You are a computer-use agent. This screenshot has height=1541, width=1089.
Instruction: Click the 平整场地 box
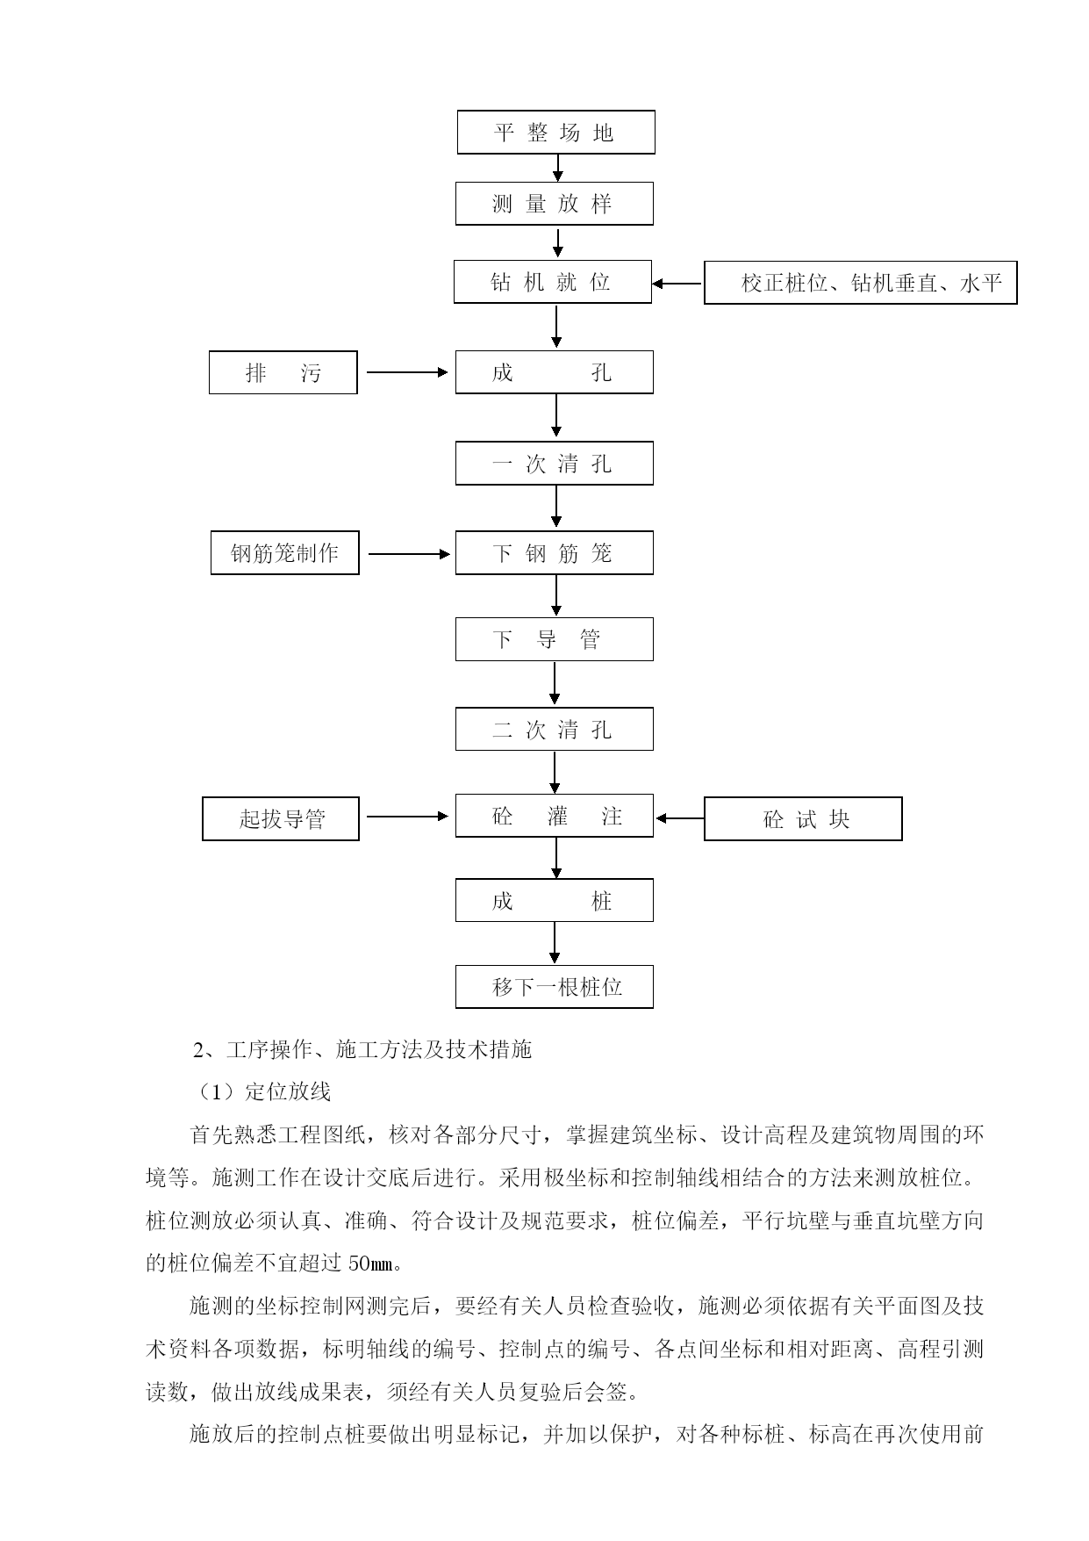tap(555, 132)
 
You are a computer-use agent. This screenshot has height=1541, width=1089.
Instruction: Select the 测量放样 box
tap(555, 204)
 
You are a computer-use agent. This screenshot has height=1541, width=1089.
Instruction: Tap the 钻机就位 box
tap(553, 282)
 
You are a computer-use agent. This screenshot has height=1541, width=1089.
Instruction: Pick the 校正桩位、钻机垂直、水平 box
tap(861, 283)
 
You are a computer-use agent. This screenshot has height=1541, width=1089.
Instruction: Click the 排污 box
tap(283, 372)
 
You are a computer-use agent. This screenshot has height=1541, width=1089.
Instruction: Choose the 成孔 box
tap(555, 372)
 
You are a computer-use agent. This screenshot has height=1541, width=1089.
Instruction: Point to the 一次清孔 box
tap(555, 463)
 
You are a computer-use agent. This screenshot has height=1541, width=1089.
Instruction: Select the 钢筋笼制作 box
tap(285, 553)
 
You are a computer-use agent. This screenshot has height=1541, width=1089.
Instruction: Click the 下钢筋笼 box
tap(555, 553)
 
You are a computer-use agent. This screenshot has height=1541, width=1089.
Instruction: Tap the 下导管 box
tap(555, 639)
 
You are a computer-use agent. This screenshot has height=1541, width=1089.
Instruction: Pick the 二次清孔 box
tap(555, 729)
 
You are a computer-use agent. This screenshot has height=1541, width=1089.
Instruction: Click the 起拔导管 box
tap(281, 818)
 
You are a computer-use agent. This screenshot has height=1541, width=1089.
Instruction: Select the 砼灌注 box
tap(555, 816)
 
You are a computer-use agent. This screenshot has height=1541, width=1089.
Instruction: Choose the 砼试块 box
tap(803, 818)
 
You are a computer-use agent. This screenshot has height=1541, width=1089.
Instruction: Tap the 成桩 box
tap(555, 900)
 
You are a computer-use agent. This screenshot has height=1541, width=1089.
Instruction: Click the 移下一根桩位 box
tap(555, 987)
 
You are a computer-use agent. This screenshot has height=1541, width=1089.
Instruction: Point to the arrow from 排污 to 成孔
tap(407, 372)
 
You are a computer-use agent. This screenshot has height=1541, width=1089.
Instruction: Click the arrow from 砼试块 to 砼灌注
tap(680, 818)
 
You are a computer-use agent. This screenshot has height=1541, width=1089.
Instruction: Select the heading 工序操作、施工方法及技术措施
tap(378, 1048)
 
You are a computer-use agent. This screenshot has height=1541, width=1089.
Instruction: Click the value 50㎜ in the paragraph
tap(371, 1264)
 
